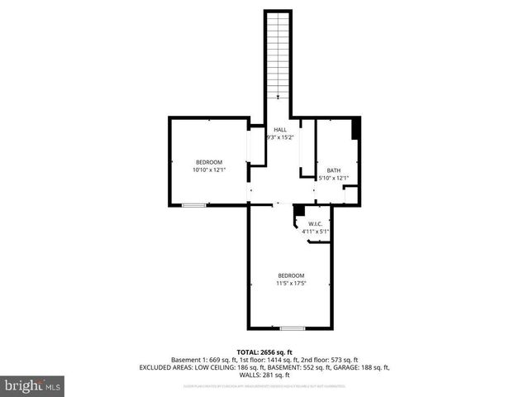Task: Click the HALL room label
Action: click(x=281, y=129)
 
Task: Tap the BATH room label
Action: click(x=333, y=170)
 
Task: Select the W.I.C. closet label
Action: click(x=315, y=224)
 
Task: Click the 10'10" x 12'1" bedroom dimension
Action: click(x=209, y=170)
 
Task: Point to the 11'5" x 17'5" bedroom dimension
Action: click(x=291, y=284)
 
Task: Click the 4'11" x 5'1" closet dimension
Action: click(x=315, y=232)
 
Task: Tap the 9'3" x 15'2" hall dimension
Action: click(x=281, y=137)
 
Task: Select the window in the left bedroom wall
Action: click(x=193, y=205)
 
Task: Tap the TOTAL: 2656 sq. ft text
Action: click(x=264, y=352)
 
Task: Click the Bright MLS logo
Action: click(x=32, y=385)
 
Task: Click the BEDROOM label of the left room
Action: click(x=209, y=161)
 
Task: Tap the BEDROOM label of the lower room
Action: click(x=291, y=275)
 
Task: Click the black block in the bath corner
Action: click(x=356, y=129)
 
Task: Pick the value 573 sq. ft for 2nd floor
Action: click(x=343, y=360)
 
